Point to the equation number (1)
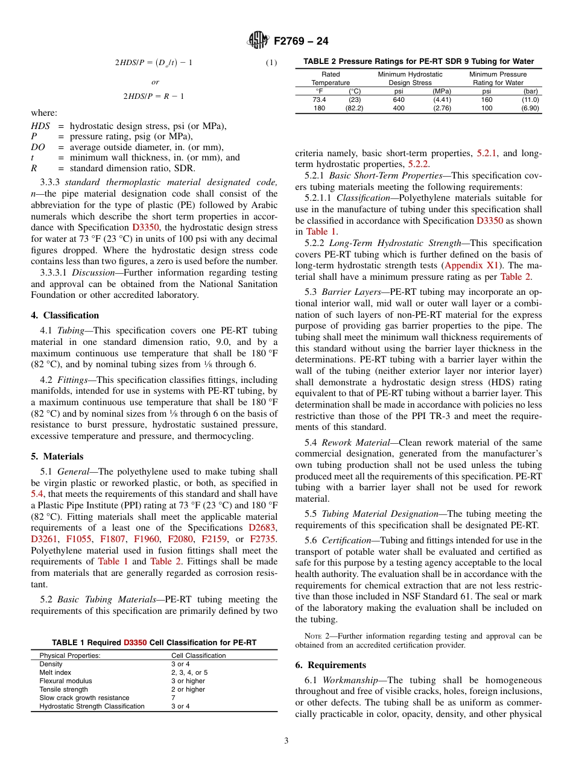pyautogui.click(x=271, y=62)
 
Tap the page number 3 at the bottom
pyautogui.click(x=286, y=741)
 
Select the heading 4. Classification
pyautogui.click(x=65, y=315)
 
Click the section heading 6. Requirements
pyautogui.click(x=331, y=665)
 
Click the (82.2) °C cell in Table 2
pyautogui.click(x=354, y=108)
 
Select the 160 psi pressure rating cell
pyautogui.click(x=487, y=99)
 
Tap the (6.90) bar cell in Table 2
pyautogui.click(x=530, y=108)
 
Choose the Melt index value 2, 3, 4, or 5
pyautogui.click(x=189, y=672)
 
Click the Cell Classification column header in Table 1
pyautogui.click(x=198, y=655)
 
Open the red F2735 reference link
pyautogui.click(x=263, y=539)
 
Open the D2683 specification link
pyautogui.click(x=262, y=528)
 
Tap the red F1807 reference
pyautogui.click(x=113, y=539)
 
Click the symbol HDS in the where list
pyautogui.click(x=40, y=126)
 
